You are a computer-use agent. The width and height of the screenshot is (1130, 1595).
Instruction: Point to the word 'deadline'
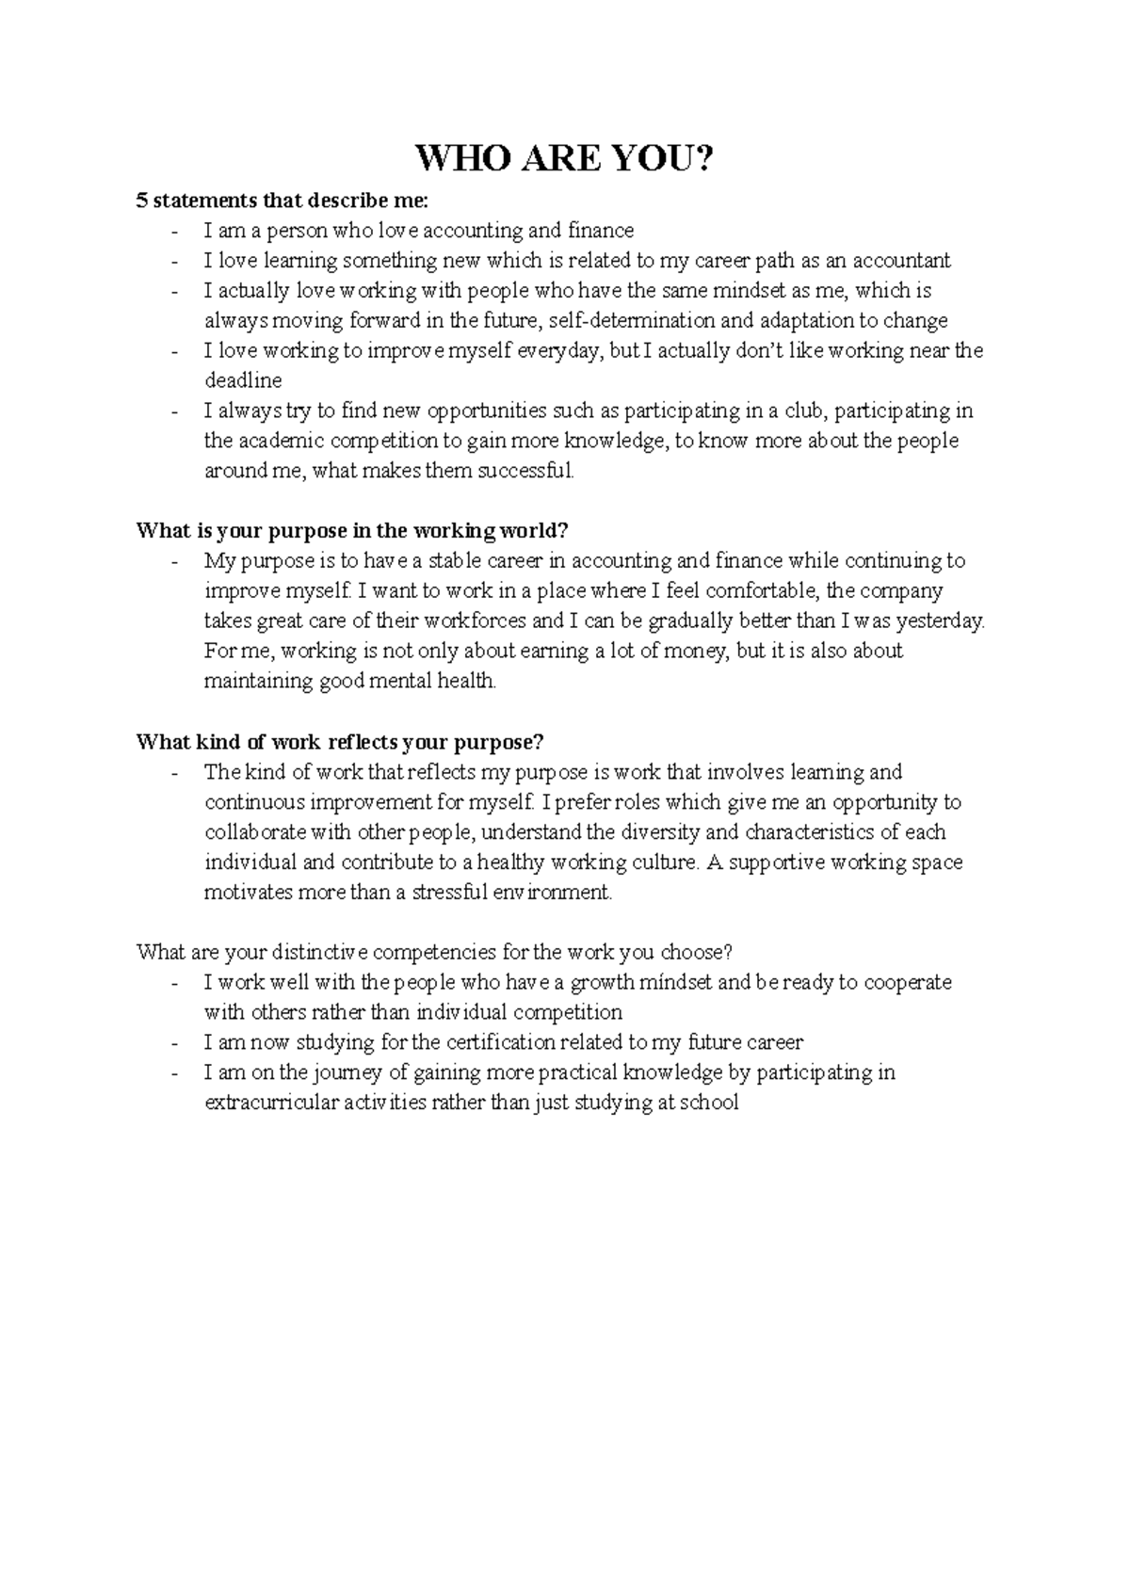tap(243, 381)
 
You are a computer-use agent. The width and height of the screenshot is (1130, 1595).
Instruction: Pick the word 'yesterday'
tap(938, 621)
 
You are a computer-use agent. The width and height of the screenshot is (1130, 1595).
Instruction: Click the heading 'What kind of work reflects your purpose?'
tap(340, 742)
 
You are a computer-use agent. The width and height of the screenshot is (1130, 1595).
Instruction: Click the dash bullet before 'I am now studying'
tap(175, 1043)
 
